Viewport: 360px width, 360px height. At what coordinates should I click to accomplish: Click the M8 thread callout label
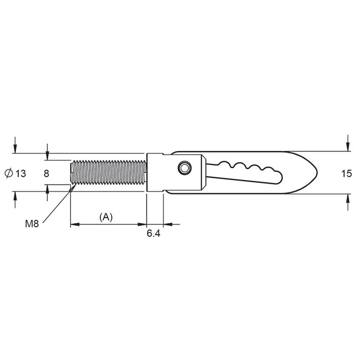pyautogui.click(x=32, y=224)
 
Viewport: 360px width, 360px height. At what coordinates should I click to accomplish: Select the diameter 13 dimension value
pyautogui.click(x=21, y=174)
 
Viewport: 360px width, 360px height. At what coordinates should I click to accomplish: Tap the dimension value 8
pyautogui.click(x=46, y=174)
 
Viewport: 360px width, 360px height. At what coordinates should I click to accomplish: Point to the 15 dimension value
pyautogui.click(x=346, y=174)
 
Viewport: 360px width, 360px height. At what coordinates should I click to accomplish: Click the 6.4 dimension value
pyautogui.click(x=153, y=234)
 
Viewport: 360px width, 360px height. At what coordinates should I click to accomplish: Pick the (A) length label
pyautogui.click(x=106, y=217)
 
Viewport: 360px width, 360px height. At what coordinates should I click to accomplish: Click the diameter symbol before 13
pyautogui.click(x=9, y=173)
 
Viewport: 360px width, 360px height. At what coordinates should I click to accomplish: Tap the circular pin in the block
pyautogui.click(x=184, y=168)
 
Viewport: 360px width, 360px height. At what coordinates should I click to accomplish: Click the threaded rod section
pyautogui.click(x=108, y=172)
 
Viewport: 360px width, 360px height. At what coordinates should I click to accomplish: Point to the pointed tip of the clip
pyautogui.click(x=317, y=172)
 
